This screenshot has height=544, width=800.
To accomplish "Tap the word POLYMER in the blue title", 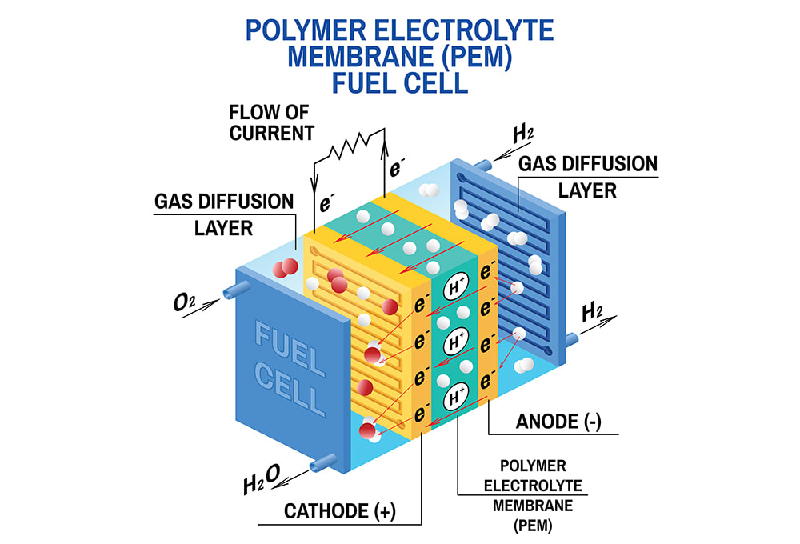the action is [x=306, y=31].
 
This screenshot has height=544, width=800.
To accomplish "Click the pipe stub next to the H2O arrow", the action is [x=323, y=461].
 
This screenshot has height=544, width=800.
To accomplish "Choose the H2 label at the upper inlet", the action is [x=522, y=133].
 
